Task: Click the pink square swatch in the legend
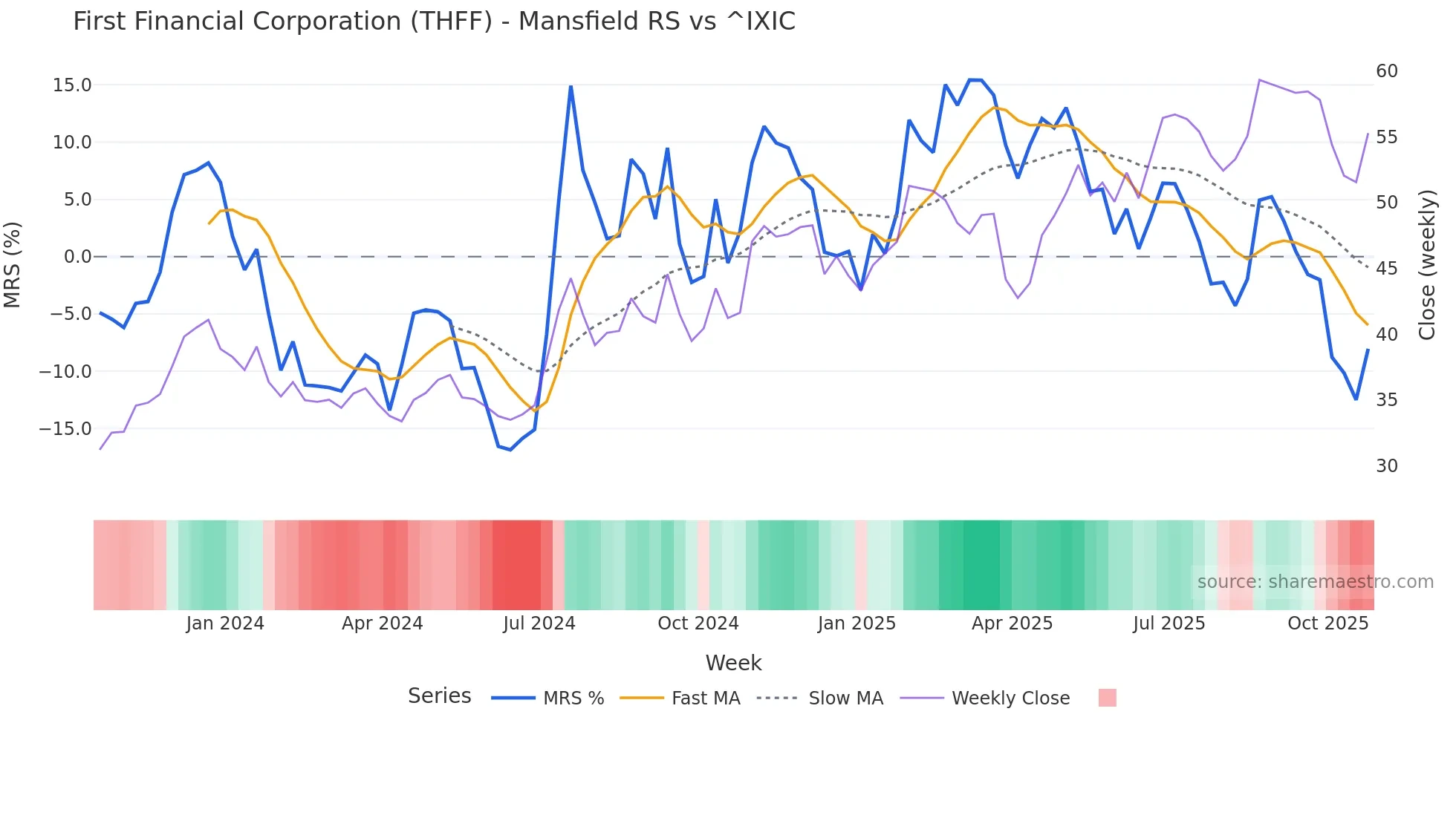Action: coord(1107,698)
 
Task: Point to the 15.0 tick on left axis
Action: coord(72,85)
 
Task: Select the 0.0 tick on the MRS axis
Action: coord(78,257)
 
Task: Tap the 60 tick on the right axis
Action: coord(1386,71)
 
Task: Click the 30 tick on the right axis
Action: coord(1386,466)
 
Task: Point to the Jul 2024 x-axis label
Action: coord(539,624)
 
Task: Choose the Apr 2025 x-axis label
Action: coord(1012,624)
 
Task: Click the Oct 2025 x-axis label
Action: coord(1327,624)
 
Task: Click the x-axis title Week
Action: coord(733,663)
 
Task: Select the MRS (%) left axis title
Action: coord(13,264)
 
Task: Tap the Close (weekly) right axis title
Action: coord(1426,264)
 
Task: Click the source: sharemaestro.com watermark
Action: coord(1315,582)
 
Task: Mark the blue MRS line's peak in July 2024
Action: coord(571,87)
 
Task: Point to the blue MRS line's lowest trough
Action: coord(510,449)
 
